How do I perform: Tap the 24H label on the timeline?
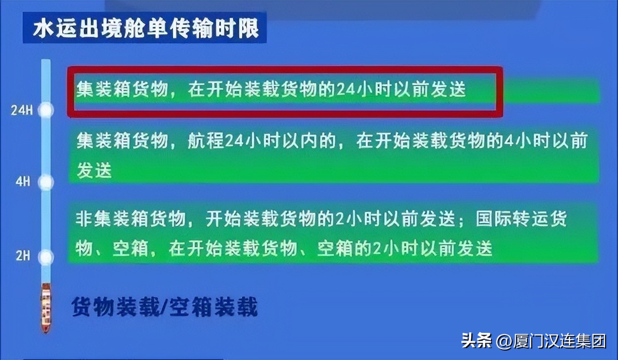pyautogui.click(x=22, y=110)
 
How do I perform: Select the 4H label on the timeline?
pyautogui.click(x=23, y=182)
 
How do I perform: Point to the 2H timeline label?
pyautogui.click(x=23, y=256)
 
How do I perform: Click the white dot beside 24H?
pyautogui.click(x=46, y=110)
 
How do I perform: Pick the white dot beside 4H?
pyautogui.click(x=46, y=182)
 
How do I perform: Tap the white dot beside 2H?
pyautogui.click(x=46, y=257)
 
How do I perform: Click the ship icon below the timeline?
pyautogui.click(x=46, y=308)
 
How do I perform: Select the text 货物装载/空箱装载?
pyautogui.click(x=165, y=307)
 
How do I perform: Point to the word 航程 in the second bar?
pyautogui.click(x=206, y=142)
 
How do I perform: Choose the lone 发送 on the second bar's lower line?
pyautogui.click(x=94, y=171)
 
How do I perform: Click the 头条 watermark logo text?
pyautogui.click(x=477, y=340)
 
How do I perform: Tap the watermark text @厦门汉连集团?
pyautogui.click(x=551, y=341)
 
